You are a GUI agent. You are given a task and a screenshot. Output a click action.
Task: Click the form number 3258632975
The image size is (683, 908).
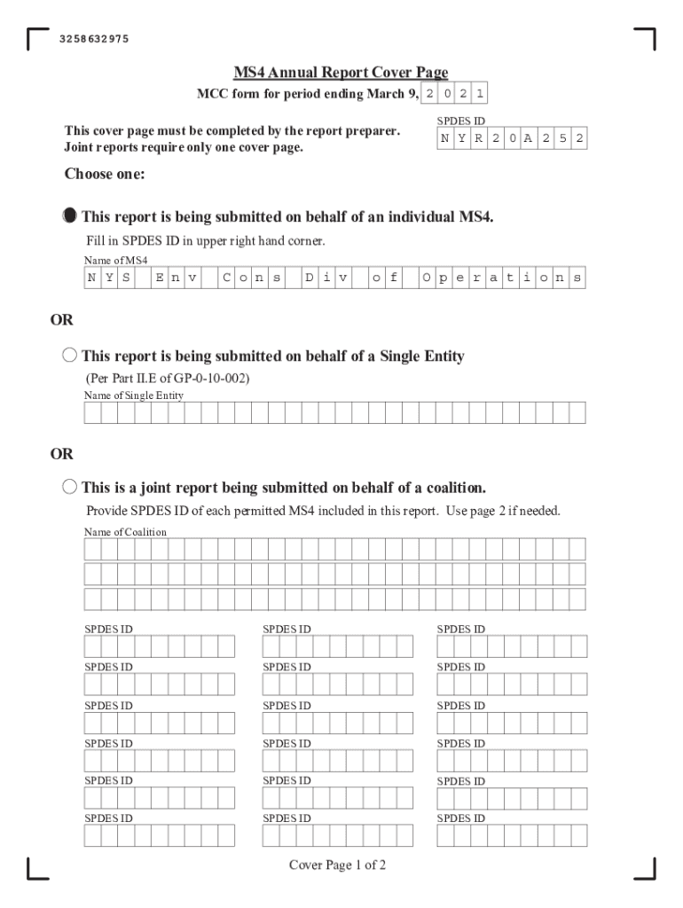coord(94,39)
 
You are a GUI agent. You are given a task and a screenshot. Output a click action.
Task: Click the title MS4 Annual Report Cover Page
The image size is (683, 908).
coord(341,73)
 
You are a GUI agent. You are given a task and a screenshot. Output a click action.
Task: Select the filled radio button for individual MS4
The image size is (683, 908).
coord(70,216)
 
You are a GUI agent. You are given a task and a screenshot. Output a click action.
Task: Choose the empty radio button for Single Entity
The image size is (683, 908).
coord(70,356)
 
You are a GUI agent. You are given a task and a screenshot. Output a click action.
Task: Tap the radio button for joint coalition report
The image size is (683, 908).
coord(70,487)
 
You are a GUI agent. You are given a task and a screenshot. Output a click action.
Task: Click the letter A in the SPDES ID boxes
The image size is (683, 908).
coord(529,139)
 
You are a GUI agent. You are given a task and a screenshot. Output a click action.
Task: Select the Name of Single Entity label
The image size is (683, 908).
coord(134,395)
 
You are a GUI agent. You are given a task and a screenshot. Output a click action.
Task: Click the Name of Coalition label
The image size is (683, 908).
coord(125,532)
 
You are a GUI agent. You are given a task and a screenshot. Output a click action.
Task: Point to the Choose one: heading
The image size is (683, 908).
coord(105,174)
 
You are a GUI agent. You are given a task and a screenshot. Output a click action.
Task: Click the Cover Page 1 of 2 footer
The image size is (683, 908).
coord(337,865)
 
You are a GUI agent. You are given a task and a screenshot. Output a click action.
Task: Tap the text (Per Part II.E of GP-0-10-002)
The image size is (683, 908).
coord(168,379)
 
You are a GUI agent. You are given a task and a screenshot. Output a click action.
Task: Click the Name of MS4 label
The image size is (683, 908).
coord(116,261)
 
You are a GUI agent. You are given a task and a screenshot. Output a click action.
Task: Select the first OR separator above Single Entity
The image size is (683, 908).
coord(61,319)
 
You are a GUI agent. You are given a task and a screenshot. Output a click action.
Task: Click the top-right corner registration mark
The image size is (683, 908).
coord(645,39)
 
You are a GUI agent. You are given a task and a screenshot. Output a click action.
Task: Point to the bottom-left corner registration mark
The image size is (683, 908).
coord(38,869)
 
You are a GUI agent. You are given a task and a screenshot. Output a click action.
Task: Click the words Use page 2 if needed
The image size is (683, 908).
coord(504,511)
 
